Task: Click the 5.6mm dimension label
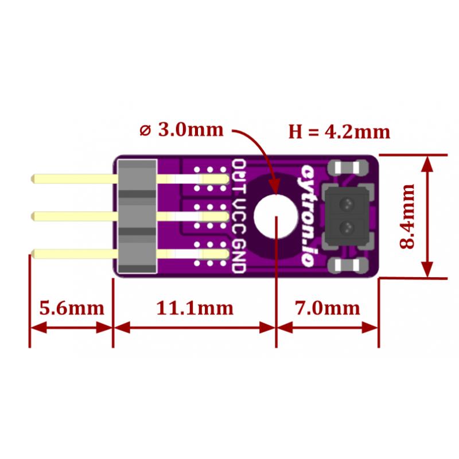pos(72,308)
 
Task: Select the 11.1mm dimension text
pos(195,308)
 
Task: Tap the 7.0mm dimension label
pos(327,308)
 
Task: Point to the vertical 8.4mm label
pos(407,216)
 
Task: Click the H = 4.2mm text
pos(339,132)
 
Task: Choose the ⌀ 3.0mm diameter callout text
pos(182,130)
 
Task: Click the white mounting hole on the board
pos(275,216)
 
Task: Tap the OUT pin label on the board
pos(239,177)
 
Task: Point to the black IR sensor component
pos(348,217)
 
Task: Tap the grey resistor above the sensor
pos(348,168)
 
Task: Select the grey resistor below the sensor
pos(348,265)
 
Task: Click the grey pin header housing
pos(137,217)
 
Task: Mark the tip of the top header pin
pos(32,178)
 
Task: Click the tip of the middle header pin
pos(32,216)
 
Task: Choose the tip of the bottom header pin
pos(32,254)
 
